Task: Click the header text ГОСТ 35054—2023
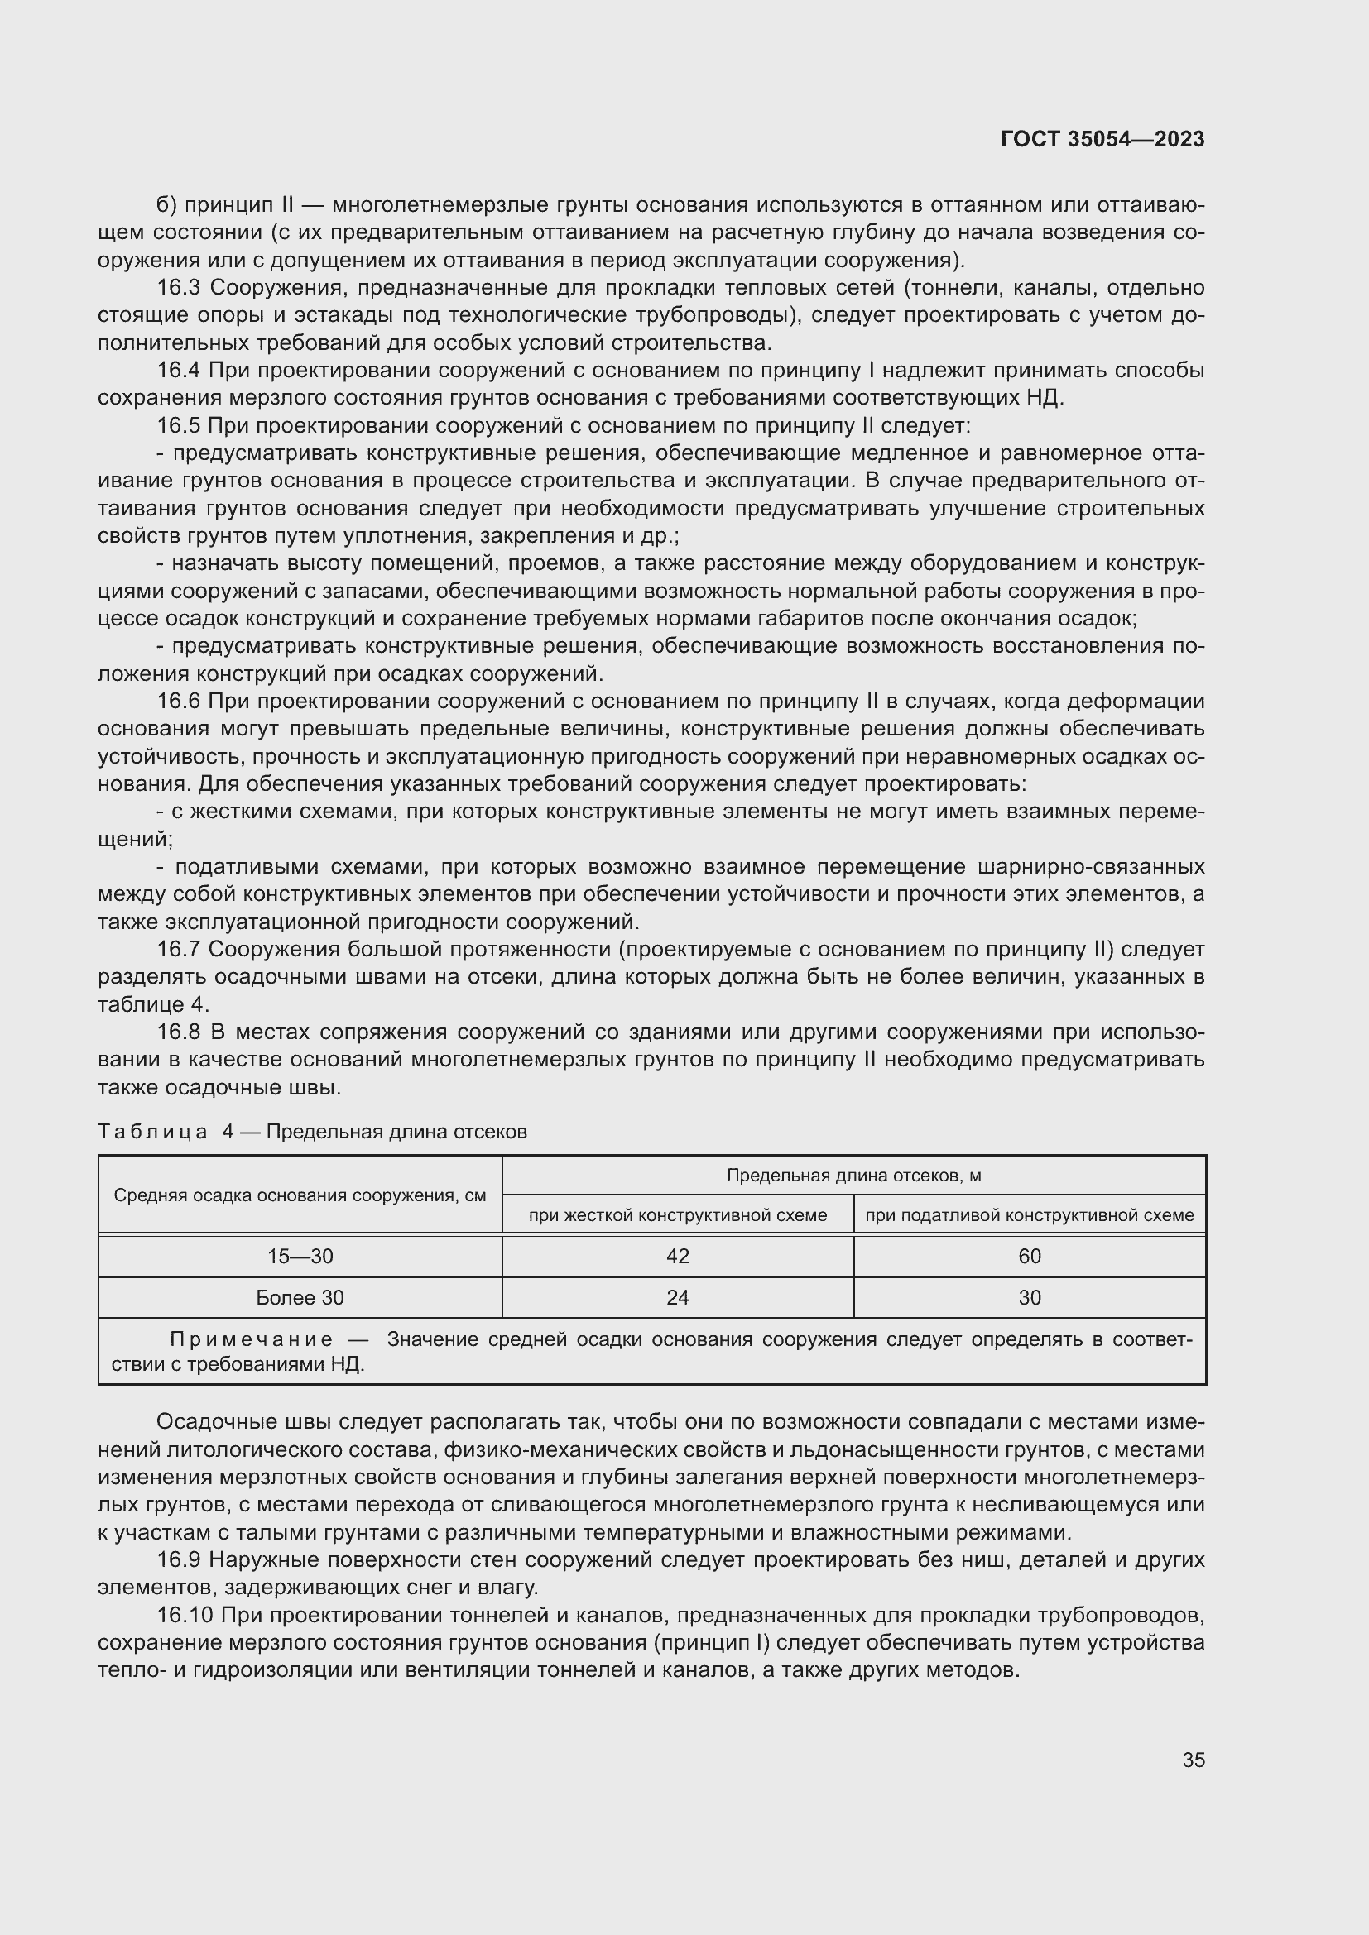coord(1102,140)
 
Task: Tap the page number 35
coord(1193,1760)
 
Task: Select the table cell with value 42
coord(677,1257)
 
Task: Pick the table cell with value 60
coord(1030,1257)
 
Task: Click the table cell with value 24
coord(677,1297)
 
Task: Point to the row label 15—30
coord(300,1257)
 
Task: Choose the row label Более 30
coord(300,1297)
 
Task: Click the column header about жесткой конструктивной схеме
coord(677,1215)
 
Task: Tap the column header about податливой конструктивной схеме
coord(1030,1215)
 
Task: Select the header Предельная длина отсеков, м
coord(853,1176)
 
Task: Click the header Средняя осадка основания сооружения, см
coord(300,1196)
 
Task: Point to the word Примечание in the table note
coord(252,1339)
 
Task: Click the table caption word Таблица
coord(152,1132)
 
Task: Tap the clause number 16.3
coord(178,288)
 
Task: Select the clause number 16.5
coord(178,425)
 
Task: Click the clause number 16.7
coord(178,949)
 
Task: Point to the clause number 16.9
coord(178,1560)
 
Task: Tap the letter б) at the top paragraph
coord(166,206)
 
